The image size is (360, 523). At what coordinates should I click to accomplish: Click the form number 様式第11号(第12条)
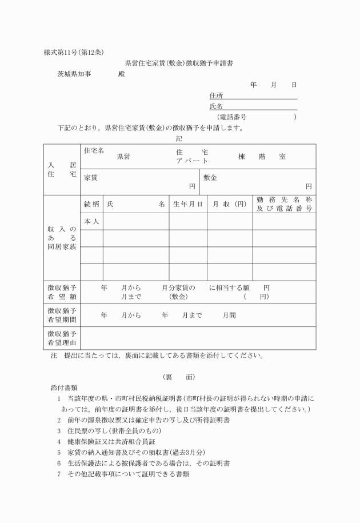pos(73,53)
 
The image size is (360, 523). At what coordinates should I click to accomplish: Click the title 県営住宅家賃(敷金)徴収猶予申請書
pos(182,63)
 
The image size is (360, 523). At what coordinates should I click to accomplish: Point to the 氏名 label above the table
pos(216,106)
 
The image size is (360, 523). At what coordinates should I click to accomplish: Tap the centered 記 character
pos(180,137)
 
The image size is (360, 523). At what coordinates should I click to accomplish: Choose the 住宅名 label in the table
pos(94,151)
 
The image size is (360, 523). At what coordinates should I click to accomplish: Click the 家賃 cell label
pos(90,178)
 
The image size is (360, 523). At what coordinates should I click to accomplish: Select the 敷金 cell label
pos(210,178)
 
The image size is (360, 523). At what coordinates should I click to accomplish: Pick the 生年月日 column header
pos(187,204)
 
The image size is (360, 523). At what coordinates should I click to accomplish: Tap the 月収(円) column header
pos(229,204)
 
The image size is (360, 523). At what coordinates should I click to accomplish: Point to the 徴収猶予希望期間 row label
pos(62,314)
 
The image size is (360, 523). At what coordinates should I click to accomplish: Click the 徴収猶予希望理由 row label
pos(62,338)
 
